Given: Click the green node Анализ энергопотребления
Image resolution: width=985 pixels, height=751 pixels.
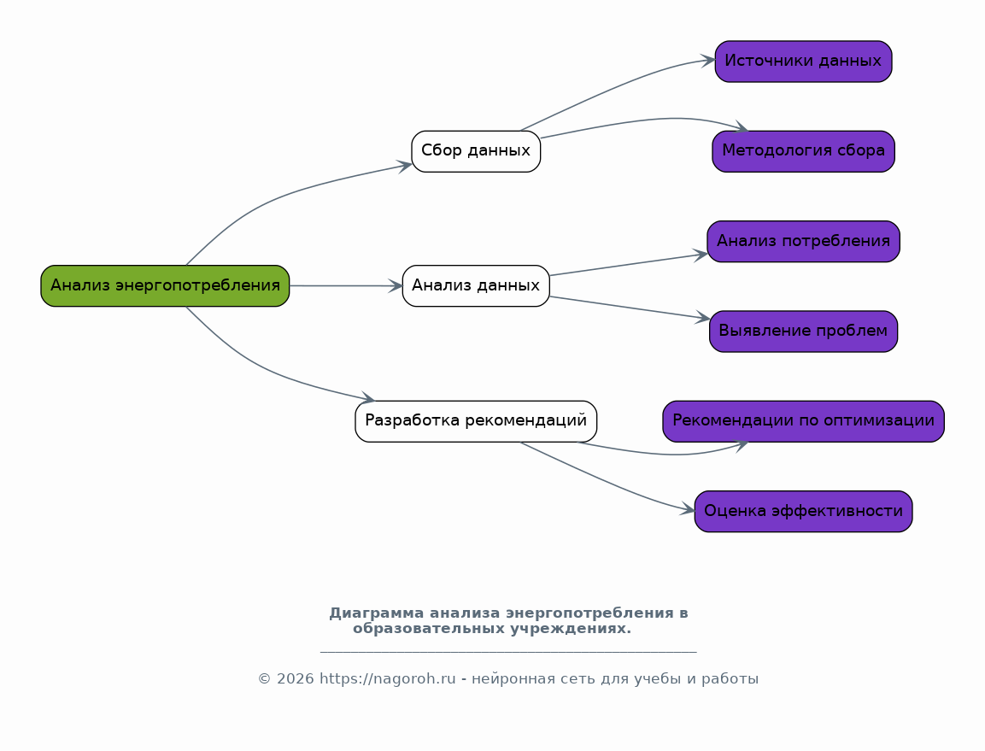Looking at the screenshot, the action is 165,286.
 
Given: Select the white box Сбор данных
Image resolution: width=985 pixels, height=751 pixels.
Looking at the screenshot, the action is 476,151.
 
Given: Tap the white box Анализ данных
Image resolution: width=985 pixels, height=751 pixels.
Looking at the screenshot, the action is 476,286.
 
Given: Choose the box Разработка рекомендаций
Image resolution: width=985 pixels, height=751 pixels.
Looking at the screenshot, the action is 476,421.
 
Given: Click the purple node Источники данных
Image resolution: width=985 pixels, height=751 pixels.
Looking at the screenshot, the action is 803,62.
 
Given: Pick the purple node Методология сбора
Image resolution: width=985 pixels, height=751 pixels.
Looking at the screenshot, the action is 803,151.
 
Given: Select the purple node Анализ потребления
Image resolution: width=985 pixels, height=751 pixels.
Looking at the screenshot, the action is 803,241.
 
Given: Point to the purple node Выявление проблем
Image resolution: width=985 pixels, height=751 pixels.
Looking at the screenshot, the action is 803,331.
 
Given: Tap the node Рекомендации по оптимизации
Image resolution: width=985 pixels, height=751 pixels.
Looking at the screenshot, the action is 803,421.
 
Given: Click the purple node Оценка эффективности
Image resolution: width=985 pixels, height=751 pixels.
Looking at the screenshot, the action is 803,512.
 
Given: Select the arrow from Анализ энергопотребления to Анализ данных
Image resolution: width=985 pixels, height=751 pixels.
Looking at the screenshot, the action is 346,286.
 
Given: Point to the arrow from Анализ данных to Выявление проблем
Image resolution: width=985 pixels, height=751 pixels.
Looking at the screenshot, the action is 630,308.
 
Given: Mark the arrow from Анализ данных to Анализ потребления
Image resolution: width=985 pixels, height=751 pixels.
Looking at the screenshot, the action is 629,265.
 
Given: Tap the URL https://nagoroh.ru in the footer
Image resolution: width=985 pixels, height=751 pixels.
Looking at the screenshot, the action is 388,679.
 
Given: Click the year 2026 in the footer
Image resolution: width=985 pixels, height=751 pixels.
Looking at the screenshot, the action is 296,679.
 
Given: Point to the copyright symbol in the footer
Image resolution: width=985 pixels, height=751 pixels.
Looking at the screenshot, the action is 265,679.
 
